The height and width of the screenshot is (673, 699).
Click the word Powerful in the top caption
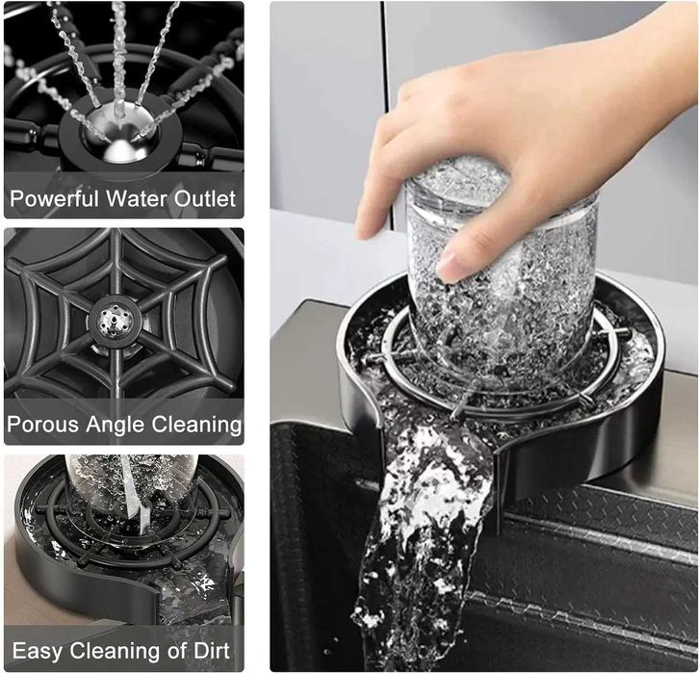54,198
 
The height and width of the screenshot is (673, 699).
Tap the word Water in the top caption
137,198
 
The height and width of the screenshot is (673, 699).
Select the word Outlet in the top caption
205,198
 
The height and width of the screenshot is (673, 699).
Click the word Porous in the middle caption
42,425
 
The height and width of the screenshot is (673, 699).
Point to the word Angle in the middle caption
116,426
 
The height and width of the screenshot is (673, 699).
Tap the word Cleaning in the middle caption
197,426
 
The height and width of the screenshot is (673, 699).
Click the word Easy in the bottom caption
38,652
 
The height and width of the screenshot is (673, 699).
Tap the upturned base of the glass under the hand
459,178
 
